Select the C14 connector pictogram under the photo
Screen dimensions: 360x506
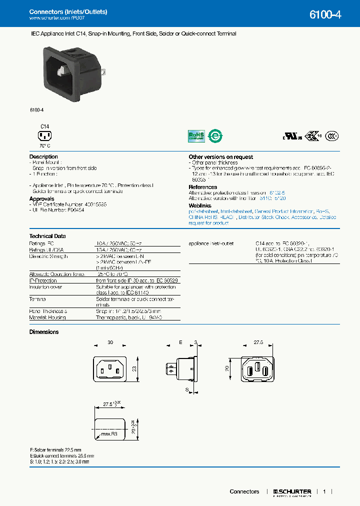pyautogui.click(x=45, y=135)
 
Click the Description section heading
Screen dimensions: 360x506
pyautogui.click(x=43, y=157)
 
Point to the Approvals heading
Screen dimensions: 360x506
pyautogui.click(x=42, y=199)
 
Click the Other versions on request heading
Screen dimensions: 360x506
pyautogui.click(x=220, y=157)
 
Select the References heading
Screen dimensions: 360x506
pyautogui.click(x=202, y=187)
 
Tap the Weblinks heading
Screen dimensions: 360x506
pyautogui.click(x=200, y=205)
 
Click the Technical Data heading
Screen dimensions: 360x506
pyautogui.click(x=47, y=236)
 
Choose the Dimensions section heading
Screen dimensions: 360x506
pyautogui.click(x=44, y=332)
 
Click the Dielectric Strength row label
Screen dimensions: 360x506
pyautogui.click(x=48, y=256)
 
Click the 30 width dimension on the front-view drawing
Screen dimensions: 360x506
pyautogui.click(x=109, y=343)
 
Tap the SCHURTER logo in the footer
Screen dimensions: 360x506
pyautogui.click(x=292, y=492)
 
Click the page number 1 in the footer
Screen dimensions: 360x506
pyautogui.click(x=324, y=491)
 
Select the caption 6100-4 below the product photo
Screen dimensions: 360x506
pyautogui.click(x=36, y=109)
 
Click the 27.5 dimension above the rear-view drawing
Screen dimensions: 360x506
pyautogui.click(x=258, y=343)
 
